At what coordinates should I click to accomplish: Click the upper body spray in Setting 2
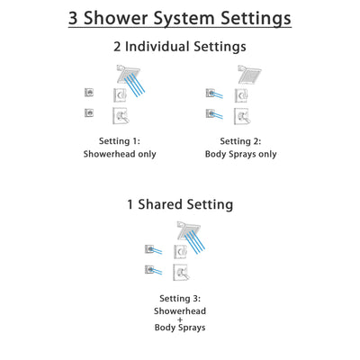click(210, 93)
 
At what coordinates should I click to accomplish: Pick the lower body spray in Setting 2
click(210, 113)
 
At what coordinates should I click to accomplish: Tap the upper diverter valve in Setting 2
click(241, 94)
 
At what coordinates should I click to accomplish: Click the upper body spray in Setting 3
click(149, 248)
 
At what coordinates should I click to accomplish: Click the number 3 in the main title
click(77, 18)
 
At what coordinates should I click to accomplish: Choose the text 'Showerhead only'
click(120, 154)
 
